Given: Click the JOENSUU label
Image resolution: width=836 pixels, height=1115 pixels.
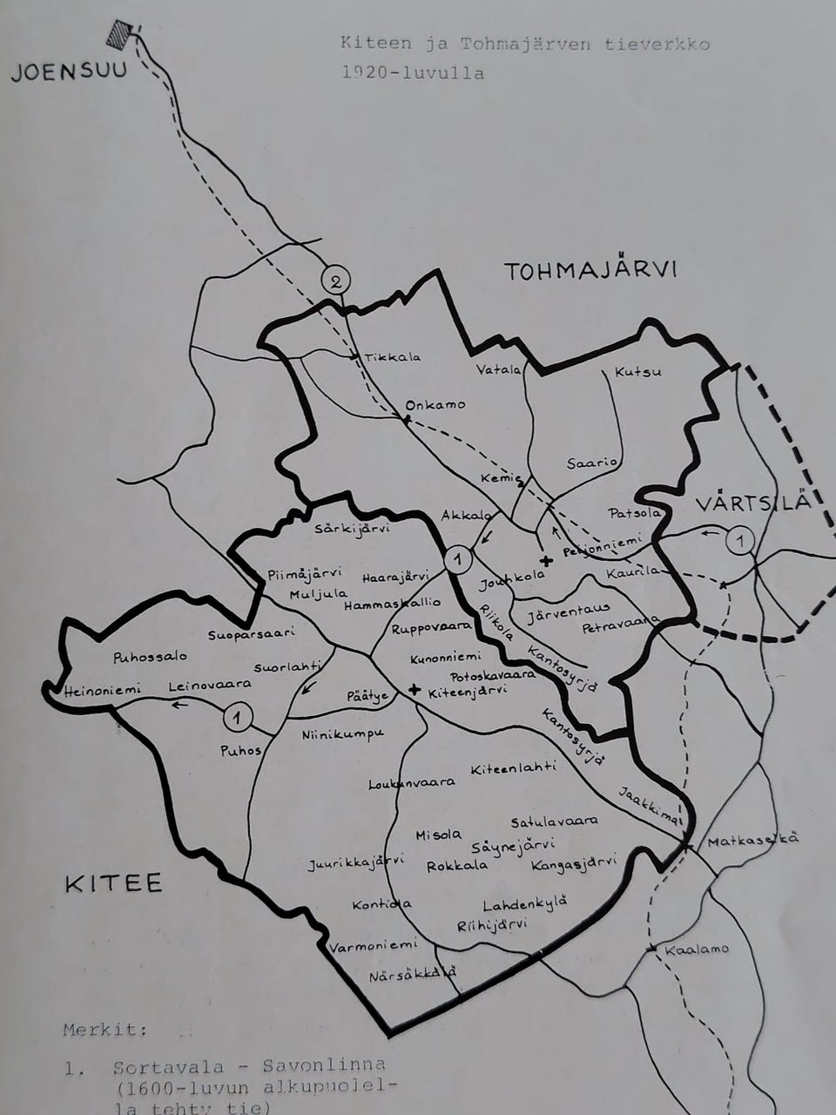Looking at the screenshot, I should (68, 71).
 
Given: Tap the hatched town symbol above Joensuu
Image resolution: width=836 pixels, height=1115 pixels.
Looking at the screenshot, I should (119, 34).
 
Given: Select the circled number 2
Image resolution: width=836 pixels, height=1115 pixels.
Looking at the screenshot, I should (336, 280).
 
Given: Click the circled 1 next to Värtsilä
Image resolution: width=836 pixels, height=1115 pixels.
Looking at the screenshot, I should (739, 541).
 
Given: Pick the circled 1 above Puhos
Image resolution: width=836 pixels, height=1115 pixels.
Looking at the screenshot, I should (237, 717).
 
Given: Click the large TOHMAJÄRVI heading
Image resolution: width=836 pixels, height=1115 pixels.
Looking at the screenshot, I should (590, 271).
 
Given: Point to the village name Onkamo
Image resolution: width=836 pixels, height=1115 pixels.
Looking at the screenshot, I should (435, 404).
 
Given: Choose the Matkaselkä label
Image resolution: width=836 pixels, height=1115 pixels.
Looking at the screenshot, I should (752, 841).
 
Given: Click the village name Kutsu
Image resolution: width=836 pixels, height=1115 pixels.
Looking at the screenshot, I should (637, 372).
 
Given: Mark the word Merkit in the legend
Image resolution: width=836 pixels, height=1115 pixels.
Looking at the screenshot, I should (105, 1030).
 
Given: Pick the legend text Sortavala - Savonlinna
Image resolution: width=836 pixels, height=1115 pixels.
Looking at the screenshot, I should (248, 1066).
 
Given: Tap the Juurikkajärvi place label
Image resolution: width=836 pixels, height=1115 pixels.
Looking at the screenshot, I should (355, 863).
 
